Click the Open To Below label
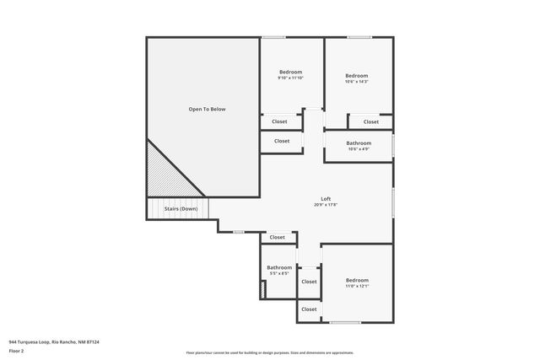(207, 110)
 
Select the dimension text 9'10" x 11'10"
(290, 78)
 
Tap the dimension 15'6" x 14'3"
(357, 82)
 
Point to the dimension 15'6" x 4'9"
(359, 149)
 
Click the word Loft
(326, 198)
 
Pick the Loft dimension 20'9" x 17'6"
(326, 205)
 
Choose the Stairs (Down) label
(178, 208)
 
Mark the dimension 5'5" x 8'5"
(279, 274)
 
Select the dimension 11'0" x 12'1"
(357, 287)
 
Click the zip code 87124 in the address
(91, 342)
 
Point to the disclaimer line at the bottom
(270, 352)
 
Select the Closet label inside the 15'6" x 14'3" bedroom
(371, 122)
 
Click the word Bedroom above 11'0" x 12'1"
(357, 280)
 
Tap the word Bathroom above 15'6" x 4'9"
(359, 142)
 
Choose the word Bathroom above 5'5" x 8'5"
(279, 267)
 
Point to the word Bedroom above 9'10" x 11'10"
(290, 72)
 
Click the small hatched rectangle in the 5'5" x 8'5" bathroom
(263, 289)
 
